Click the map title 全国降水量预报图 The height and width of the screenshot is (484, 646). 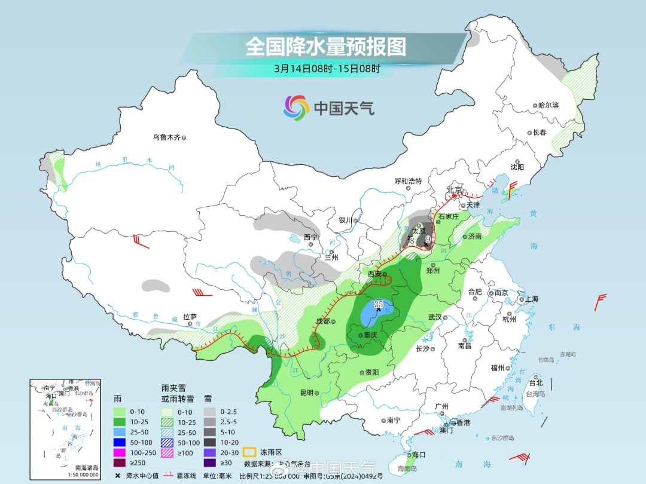[325, 46]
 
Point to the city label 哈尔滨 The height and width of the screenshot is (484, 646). [547, 105]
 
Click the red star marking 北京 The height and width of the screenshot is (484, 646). [455, 196]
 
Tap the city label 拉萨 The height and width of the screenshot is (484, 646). [190, 317]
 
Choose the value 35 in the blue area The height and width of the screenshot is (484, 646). [378, 304]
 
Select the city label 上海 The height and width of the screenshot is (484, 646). [531, 299]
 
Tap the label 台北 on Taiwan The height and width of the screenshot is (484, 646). [535, 382]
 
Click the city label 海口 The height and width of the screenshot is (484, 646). [418, 455]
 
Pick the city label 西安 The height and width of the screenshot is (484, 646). [374, 274]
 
